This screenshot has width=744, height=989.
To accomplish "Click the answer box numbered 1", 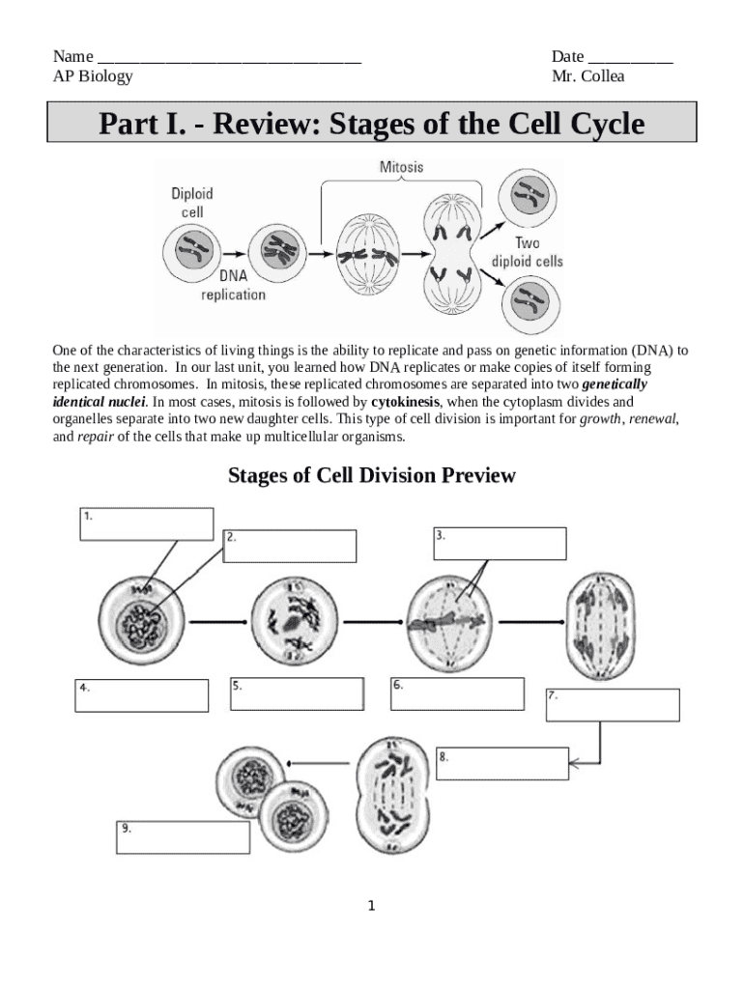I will click(146, 524).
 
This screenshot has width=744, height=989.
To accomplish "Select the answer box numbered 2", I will click(291, 546).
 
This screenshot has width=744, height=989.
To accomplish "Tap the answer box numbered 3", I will click(500, 543).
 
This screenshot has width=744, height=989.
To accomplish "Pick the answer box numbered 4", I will click(142, 695).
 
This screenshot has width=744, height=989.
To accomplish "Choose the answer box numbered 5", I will click(297, 693).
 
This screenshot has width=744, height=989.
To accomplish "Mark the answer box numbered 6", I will click(457, 693).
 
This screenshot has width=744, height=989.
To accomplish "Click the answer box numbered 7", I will click(613, 704).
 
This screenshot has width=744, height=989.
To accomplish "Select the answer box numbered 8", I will click(502, 764).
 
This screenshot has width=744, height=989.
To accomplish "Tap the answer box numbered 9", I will click(183, 837).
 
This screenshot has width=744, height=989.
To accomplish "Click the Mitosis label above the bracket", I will click(400, 167).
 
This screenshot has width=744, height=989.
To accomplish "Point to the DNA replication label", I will click(232, 286).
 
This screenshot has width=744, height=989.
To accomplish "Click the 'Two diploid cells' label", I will click(527, 252).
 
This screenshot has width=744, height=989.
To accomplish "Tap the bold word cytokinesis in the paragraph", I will click(406, 402).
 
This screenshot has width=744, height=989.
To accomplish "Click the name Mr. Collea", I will click(587, 75).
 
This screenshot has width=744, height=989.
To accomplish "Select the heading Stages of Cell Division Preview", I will click(372, 475).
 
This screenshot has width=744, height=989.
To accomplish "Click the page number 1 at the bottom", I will click(371, 906).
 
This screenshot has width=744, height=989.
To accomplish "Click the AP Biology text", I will click(93, 75).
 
